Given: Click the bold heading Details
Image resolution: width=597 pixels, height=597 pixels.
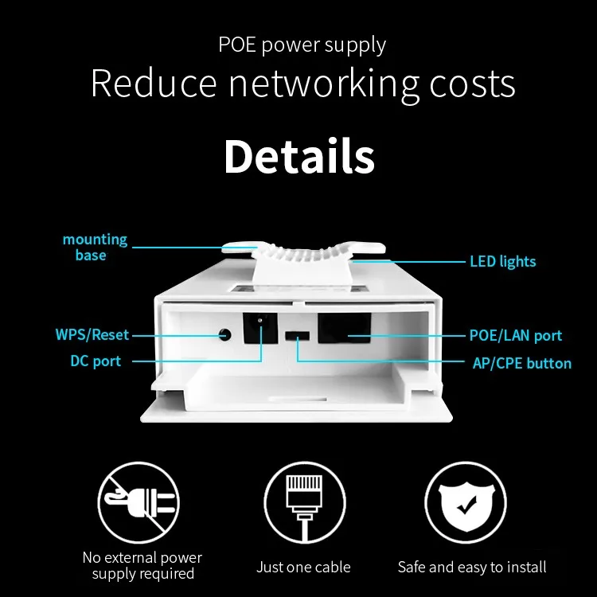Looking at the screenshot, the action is [298, 157].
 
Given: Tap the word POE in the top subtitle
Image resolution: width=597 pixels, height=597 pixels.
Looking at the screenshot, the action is [237, 45].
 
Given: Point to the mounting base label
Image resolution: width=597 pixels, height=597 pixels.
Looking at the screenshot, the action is [95, 247].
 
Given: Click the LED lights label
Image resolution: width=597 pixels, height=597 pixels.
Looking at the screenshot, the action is [502, 261].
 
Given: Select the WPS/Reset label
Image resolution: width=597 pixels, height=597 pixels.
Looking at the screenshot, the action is [92, 335].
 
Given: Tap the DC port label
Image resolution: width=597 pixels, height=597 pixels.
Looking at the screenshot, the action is [96, 361].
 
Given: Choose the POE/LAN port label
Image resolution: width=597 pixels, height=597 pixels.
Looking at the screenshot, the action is [515, 336].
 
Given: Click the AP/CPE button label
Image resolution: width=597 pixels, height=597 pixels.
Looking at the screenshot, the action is [521, 363].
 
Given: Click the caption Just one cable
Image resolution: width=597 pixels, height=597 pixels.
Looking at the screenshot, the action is [303, 567].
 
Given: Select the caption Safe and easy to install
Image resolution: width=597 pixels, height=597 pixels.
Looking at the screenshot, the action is [472, 567].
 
